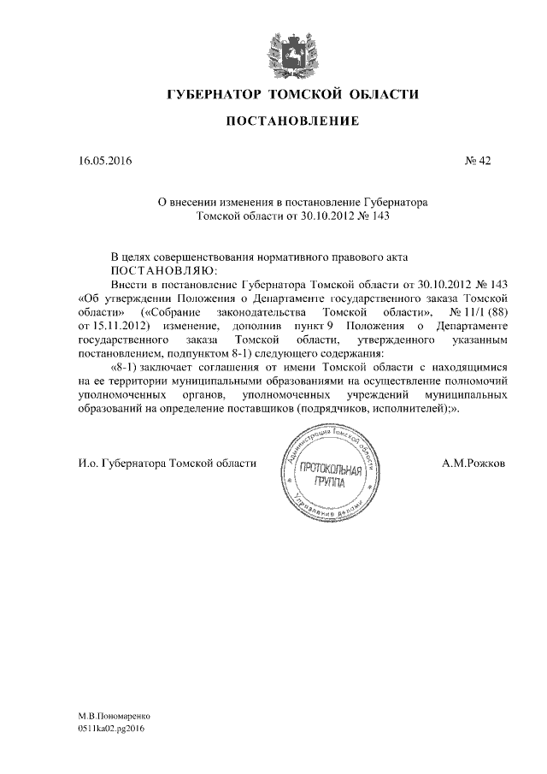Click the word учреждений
tap(362, 396)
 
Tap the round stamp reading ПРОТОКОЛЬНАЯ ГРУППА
tap(327, 472)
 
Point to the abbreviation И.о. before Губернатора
tap(88, 463)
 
